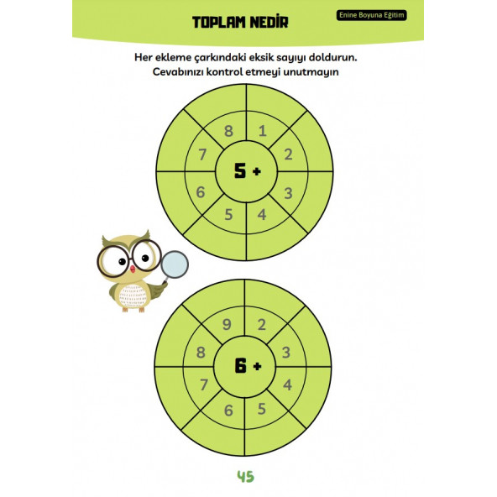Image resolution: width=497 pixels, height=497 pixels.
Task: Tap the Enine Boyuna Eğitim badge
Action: click(371, 15)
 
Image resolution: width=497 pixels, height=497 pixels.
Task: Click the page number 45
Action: click(245, 477)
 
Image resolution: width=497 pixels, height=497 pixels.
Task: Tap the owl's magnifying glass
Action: click(175, 264)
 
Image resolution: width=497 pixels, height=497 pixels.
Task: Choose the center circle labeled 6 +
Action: click(245, 366)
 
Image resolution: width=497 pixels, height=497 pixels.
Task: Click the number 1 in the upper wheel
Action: click(263, 130)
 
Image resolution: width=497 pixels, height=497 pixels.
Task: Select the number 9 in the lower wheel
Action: click(228, 326)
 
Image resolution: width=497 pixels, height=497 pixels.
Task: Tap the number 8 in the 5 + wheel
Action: click(228, 130)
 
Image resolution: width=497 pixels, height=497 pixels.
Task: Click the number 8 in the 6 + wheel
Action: click(201, 353)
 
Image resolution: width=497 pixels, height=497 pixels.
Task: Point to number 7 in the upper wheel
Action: click(202, 154)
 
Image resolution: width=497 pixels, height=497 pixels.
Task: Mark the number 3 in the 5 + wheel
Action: click(289, 193)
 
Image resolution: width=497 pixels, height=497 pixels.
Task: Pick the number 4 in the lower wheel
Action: click(288, 385)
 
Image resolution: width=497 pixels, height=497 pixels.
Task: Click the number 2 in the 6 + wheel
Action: click(262, 326)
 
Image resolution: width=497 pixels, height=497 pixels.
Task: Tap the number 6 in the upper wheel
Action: click(200, 192)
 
